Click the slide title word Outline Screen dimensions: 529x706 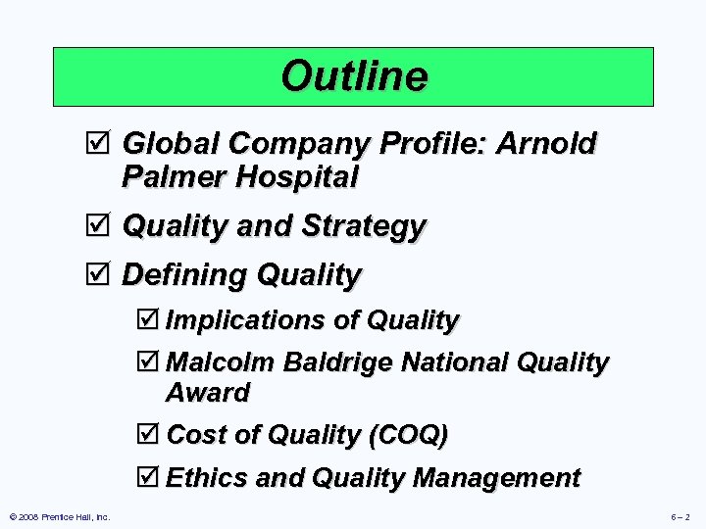coord(354,75)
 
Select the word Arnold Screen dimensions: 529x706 coord(546,145)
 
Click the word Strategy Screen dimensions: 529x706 coord(364,226)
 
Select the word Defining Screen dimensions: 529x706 coord(184,275)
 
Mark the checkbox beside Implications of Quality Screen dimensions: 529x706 coord(149,320)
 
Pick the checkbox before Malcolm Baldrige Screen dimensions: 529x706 coord(149,363)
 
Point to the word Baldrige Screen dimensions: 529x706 coord(343,363)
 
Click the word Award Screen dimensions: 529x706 coord(208,393)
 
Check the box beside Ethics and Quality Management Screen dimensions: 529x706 coord(149,478)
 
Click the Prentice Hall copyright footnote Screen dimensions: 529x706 coord(59,516)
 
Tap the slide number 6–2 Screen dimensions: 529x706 coord(680,516)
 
